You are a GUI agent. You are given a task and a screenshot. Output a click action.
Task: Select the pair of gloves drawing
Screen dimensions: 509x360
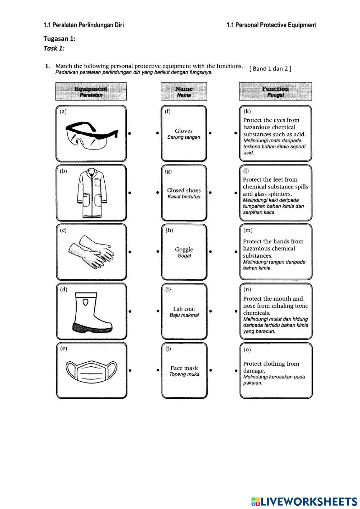(91, 252)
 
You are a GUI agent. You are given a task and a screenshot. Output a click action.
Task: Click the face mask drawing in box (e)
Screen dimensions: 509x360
(91, 371)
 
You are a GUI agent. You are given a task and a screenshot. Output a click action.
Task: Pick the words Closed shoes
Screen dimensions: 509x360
(184, 191)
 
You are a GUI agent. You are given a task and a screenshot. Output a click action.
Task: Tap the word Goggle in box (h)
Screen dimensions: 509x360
(184, 249)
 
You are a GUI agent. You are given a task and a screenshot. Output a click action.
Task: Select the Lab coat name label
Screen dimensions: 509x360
(184, 309)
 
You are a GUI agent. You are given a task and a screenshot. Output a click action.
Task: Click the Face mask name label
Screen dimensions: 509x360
(184, 368)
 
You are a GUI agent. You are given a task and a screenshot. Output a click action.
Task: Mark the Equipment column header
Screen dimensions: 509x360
(91, 91)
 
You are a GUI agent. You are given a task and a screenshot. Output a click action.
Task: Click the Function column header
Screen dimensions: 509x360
(275, 91)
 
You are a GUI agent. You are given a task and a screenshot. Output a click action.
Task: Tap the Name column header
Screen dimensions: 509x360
(184, 91)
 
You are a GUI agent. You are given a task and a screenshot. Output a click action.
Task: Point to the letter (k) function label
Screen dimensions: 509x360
(247, 111)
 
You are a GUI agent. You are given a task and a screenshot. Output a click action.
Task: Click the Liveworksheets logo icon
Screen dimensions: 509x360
(255, 501)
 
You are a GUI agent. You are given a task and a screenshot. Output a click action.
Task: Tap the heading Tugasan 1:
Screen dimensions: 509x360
(59, 39)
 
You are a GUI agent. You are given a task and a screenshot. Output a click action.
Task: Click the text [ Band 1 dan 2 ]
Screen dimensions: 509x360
(270, 68)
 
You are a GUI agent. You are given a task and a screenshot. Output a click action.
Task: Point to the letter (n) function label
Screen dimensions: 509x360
(247, 290)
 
